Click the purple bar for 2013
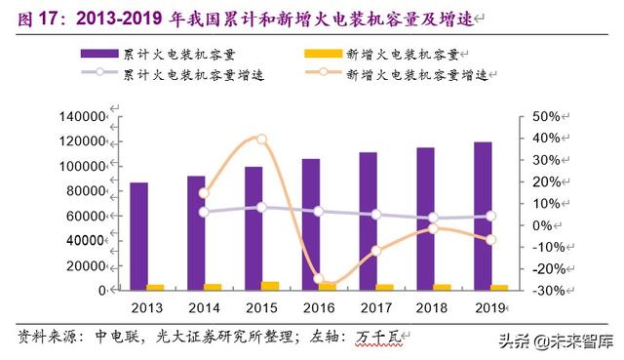(139, 236)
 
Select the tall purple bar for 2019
(483, 216)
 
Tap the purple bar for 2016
(311, 223)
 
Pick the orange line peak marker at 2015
(261, 140)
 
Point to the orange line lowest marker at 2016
(318, 279)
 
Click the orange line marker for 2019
(491, 239)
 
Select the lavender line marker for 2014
(204, 212)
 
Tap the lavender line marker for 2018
(434, 219)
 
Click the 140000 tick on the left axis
(82, 116)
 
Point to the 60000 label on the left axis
(85, 216)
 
